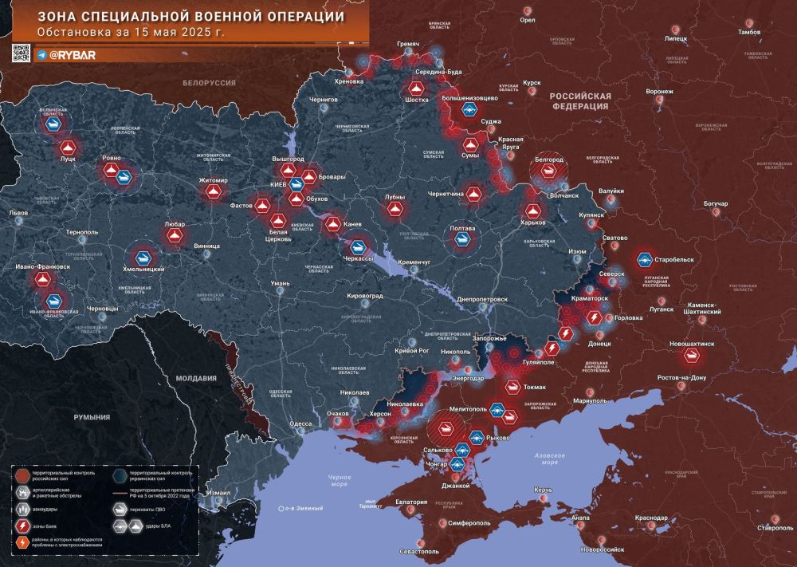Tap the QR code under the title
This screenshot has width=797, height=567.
click(21, 53)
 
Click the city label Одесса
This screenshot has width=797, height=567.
click(300, 423)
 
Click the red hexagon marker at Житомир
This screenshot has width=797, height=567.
click(213, 193)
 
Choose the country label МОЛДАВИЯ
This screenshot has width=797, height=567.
click(195, 378)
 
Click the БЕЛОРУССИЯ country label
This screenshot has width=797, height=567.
click(209, 83)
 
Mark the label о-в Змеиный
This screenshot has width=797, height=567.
click(300, 507)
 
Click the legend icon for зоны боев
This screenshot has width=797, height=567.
click(24, 526)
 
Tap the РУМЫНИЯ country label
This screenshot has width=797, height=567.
click(92, 417)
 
